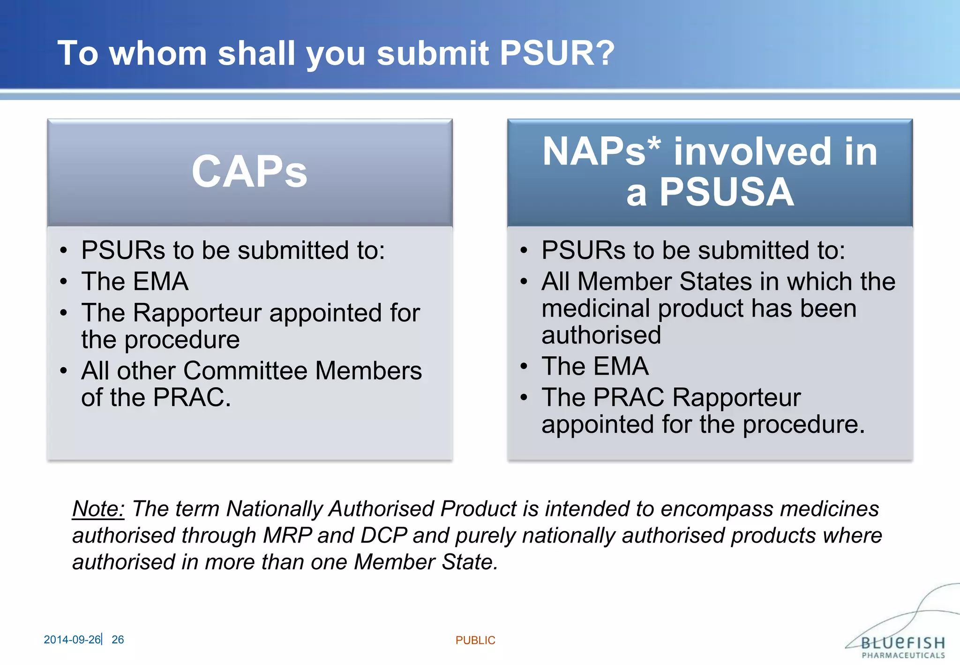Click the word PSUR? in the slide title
[557, 53]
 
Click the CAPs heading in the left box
[249, 172]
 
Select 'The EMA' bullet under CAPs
[135, 281]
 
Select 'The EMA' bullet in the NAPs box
[595, 366]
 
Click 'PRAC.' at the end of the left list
[192, 398]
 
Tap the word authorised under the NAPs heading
[601, 335]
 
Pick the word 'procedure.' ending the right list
[803, 424]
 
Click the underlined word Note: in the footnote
[98, 509]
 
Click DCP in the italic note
[383, 536]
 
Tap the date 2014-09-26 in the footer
[72, 640]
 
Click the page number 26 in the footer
[118, 640]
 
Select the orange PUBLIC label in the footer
[475, 641]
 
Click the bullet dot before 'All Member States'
[524, 282]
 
